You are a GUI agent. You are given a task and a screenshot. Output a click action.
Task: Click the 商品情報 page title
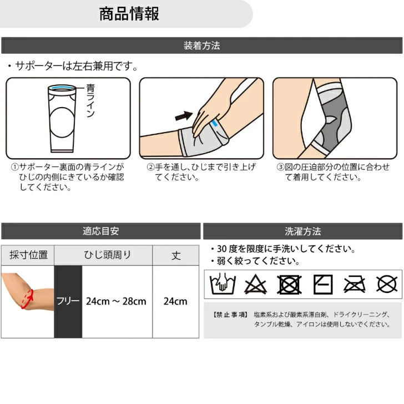tap(129, 14)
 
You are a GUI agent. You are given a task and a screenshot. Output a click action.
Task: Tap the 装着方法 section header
tap(202, 46)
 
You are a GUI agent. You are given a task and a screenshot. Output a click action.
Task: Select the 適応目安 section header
tap(101, 231)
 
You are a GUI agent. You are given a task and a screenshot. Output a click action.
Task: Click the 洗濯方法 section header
tap(303, 231)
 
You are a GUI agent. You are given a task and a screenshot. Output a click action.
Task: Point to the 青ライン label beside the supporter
tap(90, 100)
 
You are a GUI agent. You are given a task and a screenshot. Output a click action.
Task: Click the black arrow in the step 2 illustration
tap(184, 115)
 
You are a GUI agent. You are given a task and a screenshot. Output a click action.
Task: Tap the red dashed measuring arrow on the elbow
tap(28, 299)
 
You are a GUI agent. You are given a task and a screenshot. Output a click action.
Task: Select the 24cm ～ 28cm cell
tap(116, 301)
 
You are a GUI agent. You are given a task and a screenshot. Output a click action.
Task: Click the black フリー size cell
tap(68, 302)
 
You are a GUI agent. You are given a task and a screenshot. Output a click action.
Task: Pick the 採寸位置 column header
tap(28, 255)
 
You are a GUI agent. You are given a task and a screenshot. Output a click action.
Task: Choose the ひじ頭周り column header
tap(107, 255)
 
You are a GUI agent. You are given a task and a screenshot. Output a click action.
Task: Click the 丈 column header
tap(176, 255)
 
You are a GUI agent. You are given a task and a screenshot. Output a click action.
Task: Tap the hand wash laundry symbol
tap(223, 284)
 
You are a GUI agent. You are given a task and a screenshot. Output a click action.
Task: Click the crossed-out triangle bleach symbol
tap(255, 285)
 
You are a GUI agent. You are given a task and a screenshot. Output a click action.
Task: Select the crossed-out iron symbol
tap(355, 285)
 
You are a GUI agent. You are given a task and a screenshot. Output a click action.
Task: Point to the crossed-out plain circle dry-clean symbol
tap(386, 285)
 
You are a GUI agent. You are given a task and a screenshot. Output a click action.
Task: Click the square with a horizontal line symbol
tap(323, 285)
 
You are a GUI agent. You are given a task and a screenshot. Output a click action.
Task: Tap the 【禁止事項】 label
tap(230, 315)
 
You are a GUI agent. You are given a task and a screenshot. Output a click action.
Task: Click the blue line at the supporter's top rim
tap(62, 88)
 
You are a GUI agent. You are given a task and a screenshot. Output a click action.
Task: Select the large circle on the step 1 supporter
tap(62, 123)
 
